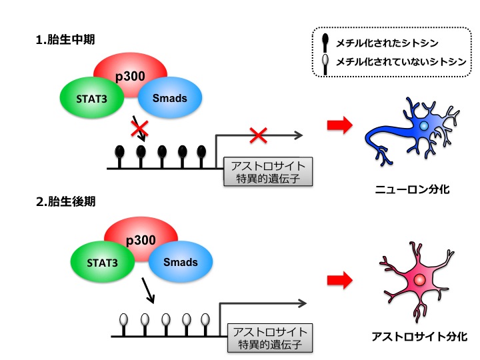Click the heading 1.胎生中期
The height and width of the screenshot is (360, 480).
(x=64, y=39)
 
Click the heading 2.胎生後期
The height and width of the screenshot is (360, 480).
(x=64, y=201)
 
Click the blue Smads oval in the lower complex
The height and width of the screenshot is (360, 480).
(x=181, y=262)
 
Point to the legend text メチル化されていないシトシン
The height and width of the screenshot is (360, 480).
(x=401, y=62)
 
